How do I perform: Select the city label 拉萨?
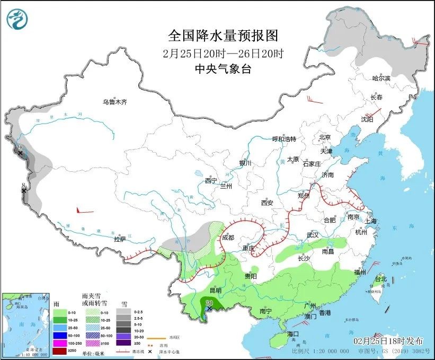click(x=120, y=239)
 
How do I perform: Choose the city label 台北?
click(x=380, y=279)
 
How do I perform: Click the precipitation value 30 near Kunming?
click(x=208, y=303)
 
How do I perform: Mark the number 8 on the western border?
click(x=23, y=186)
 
